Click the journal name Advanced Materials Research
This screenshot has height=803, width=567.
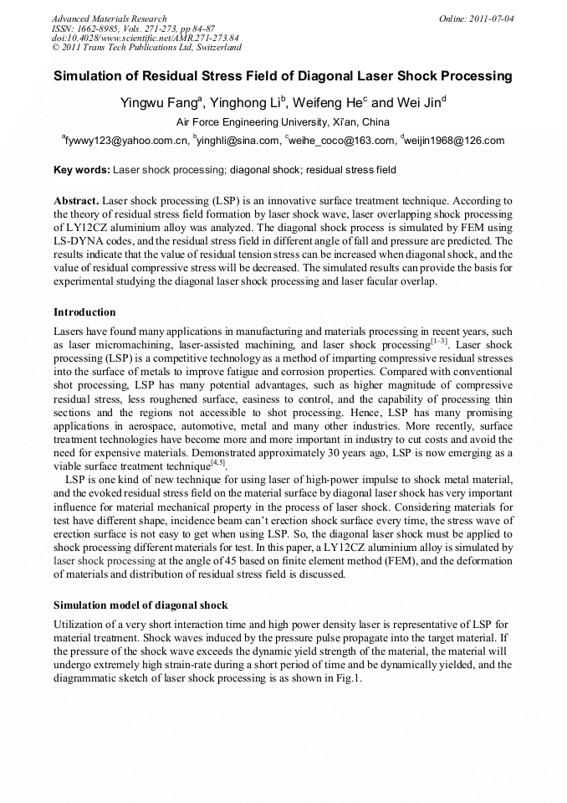[109, 18]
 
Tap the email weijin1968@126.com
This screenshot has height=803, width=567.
[456, 141]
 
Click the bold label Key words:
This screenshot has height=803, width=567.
[81, 170]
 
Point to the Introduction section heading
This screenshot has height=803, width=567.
[84, 312]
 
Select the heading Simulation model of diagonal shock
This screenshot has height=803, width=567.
[140, 605]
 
